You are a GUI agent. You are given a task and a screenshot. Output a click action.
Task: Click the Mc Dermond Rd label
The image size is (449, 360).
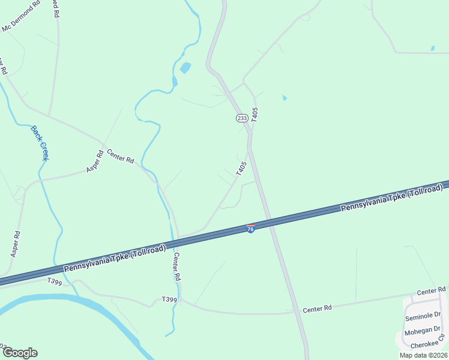click(22, 16)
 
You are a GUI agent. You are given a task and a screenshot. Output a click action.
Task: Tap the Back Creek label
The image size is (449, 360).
click(40, 143)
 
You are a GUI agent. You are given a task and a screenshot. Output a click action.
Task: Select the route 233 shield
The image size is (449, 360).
click(241, 118)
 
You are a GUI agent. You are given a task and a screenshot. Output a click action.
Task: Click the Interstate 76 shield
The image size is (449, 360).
click(250, 229)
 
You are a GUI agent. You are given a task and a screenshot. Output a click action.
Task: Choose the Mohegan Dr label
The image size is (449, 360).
click(423, 331)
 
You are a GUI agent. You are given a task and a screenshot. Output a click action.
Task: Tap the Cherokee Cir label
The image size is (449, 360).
click(428, 345)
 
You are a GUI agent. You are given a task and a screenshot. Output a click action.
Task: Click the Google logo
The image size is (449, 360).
click(19, 353)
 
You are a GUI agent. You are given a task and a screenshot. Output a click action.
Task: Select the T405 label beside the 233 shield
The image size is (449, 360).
click(255, 115)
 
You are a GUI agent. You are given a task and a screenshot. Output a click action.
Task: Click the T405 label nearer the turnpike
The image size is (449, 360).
click(241, 168)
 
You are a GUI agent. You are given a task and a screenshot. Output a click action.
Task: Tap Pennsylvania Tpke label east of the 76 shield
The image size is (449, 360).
click(391, 197)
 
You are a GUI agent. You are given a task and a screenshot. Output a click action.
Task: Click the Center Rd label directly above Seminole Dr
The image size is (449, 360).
click(432, 291)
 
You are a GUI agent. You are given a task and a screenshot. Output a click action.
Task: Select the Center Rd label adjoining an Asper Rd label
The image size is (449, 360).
click(120, 158)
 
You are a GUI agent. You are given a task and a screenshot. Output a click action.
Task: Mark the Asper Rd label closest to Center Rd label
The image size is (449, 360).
click(95, 161)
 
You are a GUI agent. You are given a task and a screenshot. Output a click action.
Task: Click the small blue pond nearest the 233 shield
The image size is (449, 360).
click(285, 98)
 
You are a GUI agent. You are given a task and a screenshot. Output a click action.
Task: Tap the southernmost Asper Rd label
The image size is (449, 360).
click(16, 244)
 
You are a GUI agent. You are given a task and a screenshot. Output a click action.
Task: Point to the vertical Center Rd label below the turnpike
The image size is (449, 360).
click(176, 267)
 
